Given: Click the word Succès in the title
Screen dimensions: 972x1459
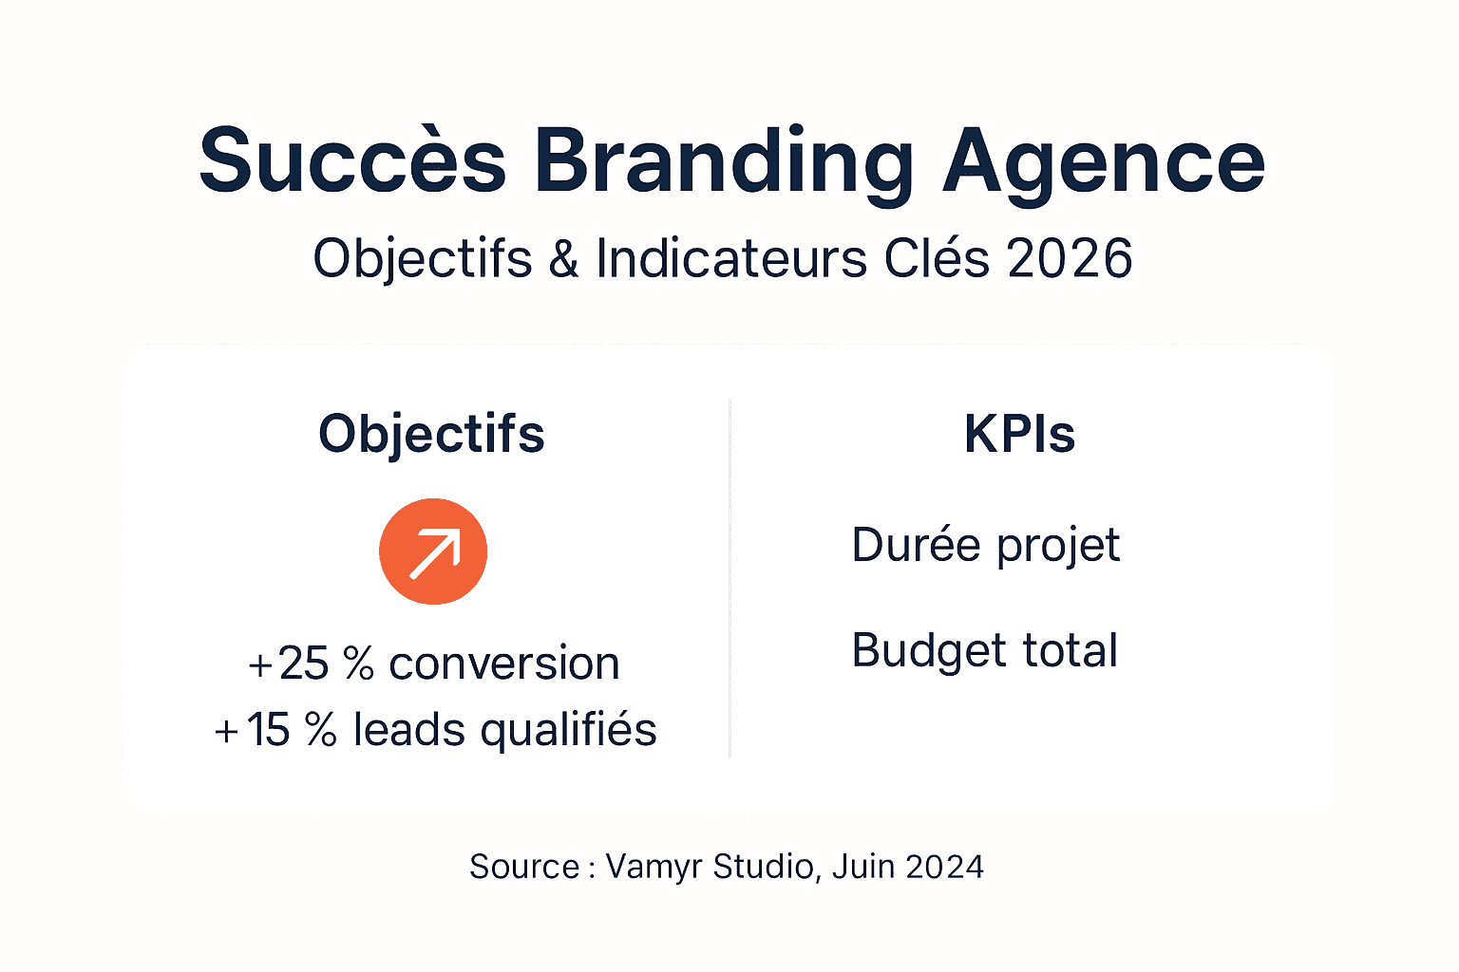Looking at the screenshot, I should (352, 161).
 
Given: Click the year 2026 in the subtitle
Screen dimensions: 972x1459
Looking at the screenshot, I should (1070, 258).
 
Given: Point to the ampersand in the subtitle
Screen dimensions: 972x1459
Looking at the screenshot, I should (563, 258).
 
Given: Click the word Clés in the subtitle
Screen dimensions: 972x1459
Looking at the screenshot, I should (937, 258).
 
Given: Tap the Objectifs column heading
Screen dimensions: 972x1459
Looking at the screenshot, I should (431, 435).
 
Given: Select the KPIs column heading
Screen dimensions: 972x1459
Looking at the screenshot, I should (1019, 435).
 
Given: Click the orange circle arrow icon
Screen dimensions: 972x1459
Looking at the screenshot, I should (433, 551).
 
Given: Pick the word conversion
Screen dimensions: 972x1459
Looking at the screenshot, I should (504, 664).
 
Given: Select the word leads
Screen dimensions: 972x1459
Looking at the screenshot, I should (409, 730).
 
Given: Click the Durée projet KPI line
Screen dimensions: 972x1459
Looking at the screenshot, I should (986, 546).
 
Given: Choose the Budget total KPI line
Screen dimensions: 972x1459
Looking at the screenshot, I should (985, 651).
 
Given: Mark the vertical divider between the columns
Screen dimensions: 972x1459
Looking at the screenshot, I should (729, 579).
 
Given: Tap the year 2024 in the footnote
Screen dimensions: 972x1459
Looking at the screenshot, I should (944, 867).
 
